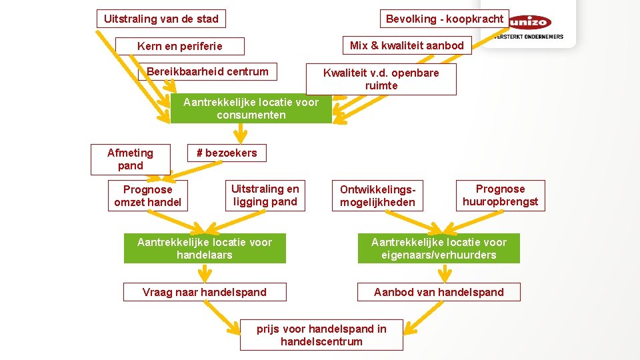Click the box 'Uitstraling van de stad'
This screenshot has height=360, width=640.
(x=161, y=19)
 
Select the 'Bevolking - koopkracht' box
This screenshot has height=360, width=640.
(x=445, y=19)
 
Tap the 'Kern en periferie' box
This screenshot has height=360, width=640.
(x=179, y=46)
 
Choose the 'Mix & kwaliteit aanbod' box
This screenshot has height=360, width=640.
(x=407, y=45)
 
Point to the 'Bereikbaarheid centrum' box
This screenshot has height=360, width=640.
(x=207, y=72)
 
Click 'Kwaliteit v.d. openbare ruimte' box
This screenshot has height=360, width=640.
(x=381, y=79)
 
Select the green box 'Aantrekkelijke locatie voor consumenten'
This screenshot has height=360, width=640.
(x=251, y=109)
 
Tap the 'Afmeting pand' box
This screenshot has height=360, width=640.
(x=130, y=159)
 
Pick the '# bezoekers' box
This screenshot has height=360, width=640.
(x=226, y=153)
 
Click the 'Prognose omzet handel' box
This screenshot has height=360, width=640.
(x=147, y=196)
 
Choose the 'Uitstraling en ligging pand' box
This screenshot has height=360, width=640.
(x=265, y=195)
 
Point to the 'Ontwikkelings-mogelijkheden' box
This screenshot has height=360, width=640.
(x=377, y=196)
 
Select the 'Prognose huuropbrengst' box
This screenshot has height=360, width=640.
(x=500, y=195)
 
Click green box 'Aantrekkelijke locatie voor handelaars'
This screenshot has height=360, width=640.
(x=205, y=248)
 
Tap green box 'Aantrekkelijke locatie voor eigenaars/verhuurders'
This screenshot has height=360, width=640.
(x=439, y=248)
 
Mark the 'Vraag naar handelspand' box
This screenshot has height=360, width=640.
(x=205, y=292)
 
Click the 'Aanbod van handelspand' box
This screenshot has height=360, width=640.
(x=439, y=292)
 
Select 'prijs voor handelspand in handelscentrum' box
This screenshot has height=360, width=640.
(x=321, y=335)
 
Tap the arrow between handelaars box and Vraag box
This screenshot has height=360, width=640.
(x=206, y=273)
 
